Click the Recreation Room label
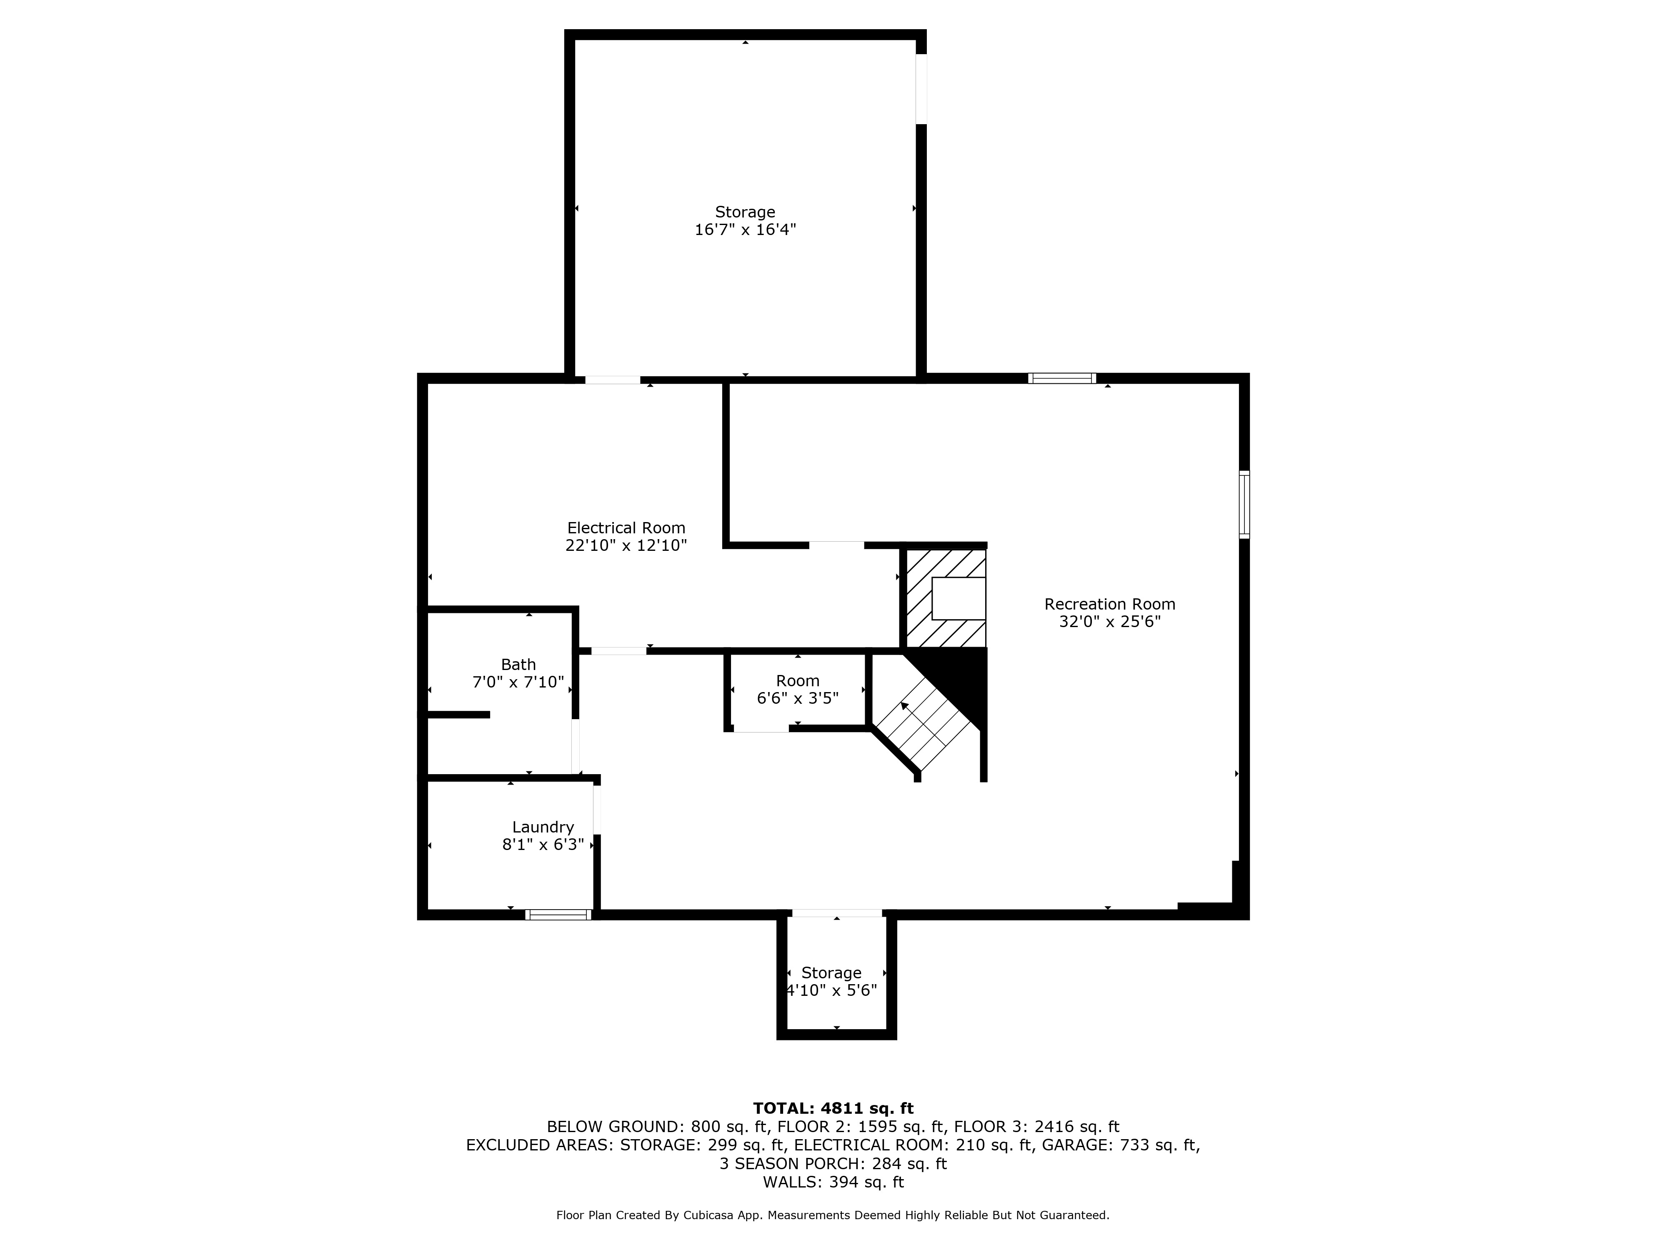coord(1109,604)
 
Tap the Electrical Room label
coord(626,528)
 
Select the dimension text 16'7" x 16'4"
coord(745,230)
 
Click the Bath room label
coord(518,665)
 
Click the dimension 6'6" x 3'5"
coord(797,698)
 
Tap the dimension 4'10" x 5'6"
coord(831,990)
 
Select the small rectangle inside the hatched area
coord(959,598)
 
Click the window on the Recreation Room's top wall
coord(1062,378)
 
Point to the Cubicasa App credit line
coord(833,1215)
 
